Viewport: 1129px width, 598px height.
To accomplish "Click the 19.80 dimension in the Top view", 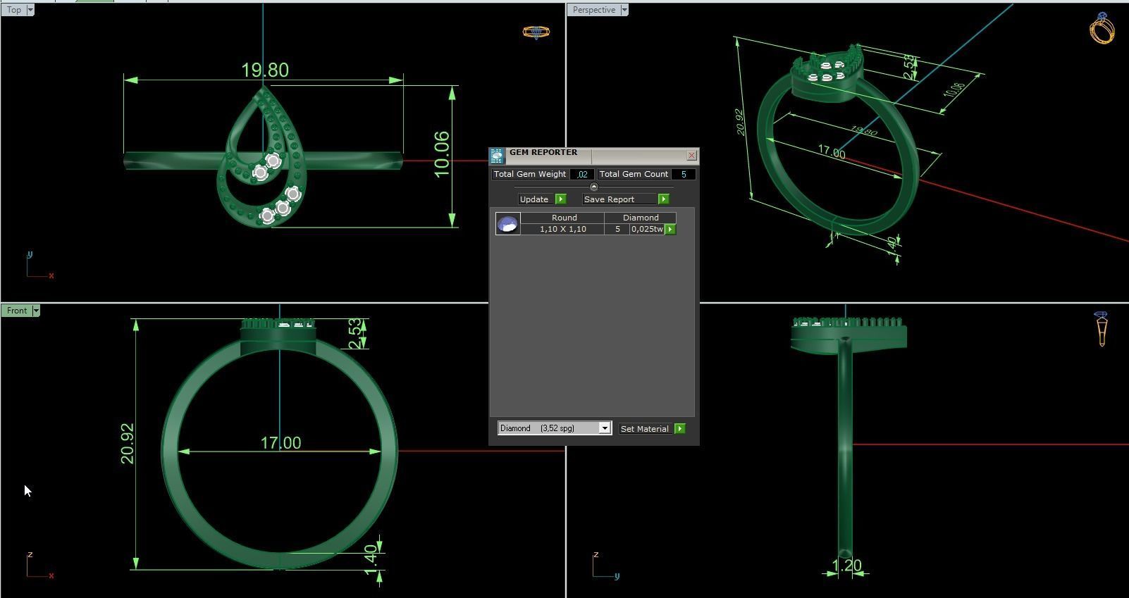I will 265,70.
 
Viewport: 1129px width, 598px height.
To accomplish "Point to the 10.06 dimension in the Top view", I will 442,154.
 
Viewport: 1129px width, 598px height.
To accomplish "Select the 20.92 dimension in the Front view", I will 128,443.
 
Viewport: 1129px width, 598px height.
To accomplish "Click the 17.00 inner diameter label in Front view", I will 280,443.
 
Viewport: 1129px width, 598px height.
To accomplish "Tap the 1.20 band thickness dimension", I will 846,566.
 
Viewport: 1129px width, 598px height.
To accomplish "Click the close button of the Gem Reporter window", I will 691,155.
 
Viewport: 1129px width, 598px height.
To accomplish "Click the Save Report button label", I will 609,199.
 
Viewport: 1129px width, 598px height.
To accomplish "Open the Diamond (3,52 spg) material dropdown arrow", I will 604,428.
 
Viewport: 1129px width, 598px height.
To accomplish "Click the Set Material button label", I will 644,429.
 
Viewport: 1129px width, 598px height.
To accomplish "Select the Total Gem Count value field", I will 682,174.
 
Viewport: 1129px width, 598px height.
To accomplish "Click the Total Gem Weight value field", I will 582,174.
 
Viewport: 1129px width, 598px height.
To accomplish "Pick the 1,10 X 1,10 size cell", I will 562,229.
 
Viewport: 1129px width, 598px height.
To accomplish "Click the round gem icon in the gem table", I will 507,224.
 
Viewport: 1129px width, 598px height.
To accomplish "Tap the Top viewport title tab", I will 14,10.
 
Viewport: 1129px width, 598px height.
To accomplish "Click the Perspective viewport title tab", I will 593,10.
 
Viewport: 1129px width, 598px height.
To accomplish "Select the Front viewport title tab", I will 17,311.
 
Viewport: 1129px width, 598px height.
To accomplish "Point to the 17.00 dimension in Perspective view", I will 832,152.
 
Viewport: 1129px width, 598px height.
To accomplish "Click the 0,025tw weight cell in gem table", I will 647,229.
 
